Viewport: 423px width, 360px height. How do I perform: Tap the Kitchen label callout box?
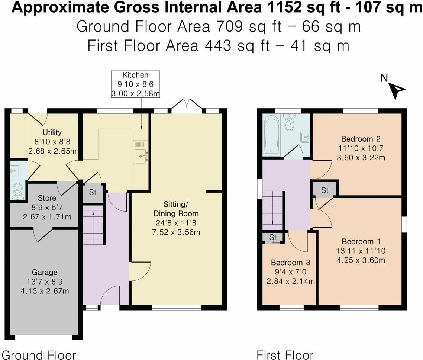[136, 84]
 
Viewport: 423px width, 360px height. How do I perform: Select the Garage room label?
[44, 272]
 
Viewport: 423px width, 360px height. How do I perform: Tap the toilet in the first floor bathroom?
[289, 120]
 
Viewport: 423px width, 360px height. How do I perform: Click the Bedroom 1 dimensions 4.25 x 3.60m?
[361, 260]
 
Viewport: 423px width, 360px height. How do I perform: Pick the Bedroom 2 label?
[361, 139]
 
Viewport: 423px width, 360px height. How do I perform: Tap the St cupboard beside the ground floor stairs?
[93, 193]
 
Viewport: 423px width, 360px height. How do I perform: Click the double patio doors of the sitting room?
[187, 105]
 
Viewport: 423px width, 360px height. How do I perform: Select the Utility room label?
[52, 132]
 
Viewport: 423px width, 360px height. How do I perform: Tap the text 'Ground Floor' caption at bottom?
[39, 354]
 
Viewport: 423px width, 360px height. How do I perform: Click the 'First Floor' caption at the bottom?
[285, 354]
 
